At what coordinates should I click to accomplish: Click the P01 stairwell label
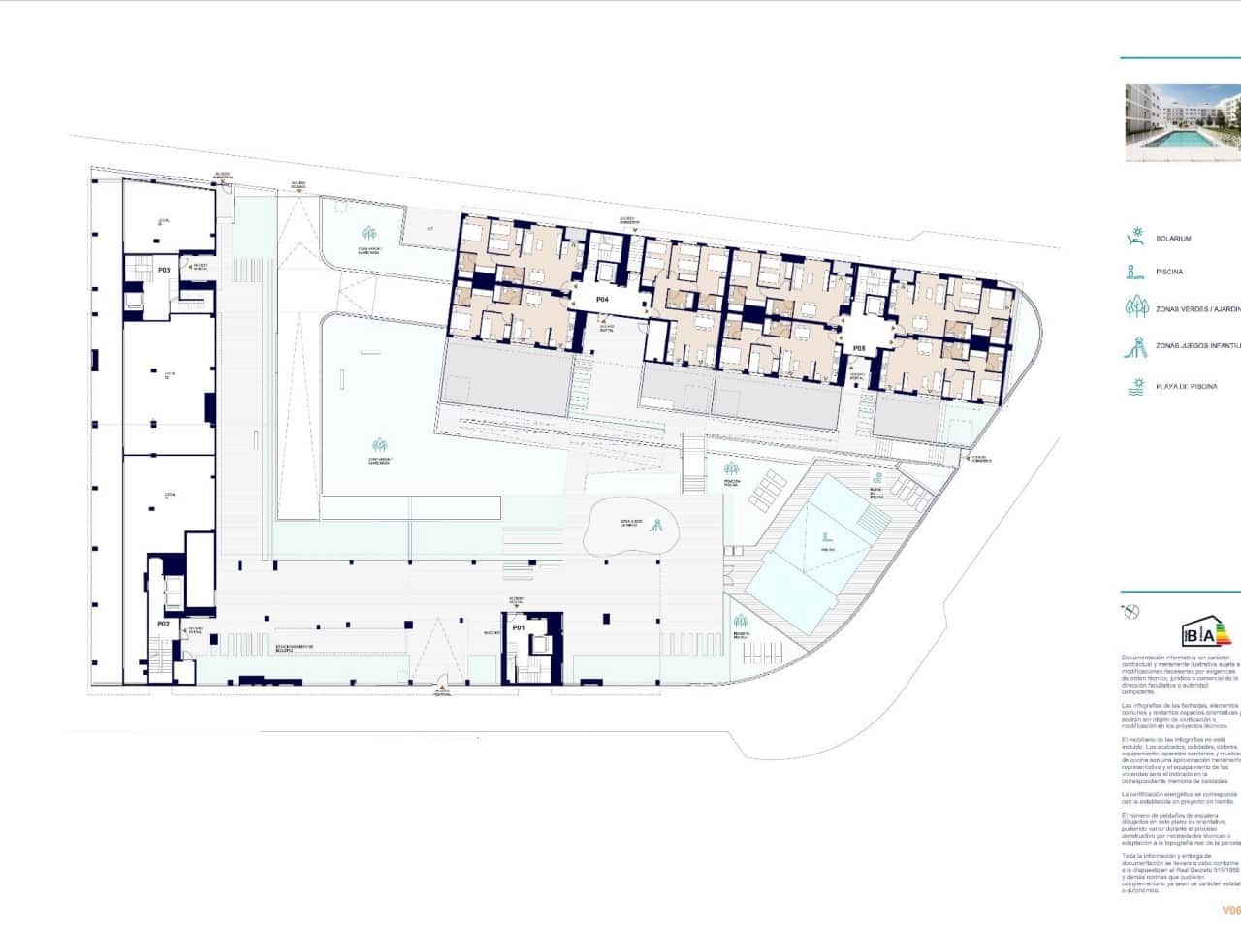519,627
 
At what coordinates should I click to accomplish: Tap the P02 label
164,624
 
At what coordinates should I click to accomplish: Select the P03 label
164,270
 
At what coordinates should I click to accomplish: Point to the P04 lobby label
602,300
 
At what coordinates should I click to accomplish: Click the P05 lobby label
859,347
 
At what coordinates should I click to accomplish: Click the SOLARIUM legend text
1173,239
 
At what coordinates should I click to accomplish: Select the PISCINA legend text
1169,273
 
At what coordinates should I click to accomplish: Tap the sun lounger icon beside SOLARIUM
1135,238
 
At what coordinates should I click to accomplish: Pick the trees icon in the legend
1135,307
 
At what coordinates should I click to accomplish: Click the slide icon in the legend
1135,346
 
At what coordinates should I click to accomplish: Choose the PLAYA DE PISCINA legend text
1186,387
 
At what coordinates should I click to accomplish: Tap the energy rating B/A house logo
1203,634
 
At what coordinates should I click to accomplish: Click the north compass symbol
1130,611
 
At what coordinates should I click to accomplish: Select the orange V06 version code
1230,910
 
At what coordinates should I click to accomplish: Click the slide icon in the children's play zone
654,526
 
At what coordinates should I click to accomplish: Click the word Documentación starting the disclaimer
1145,657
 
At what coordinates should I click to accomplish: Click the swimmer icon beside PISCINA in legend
1134,273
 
